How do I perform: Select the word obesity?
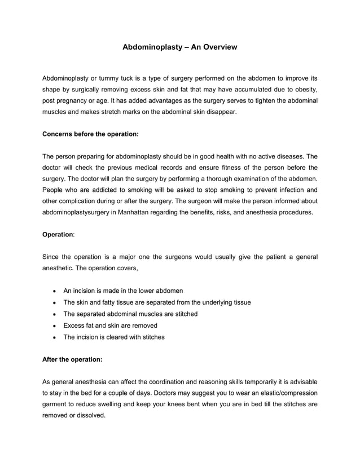pos(303,90)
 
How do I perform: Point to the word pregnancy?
pos(75,100)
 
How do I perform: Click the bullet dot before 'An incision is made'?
pos(53,291)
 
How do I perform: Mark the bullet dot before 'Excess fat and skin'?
pos(53,326)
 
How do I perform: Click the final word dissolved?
pos(90,415)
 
